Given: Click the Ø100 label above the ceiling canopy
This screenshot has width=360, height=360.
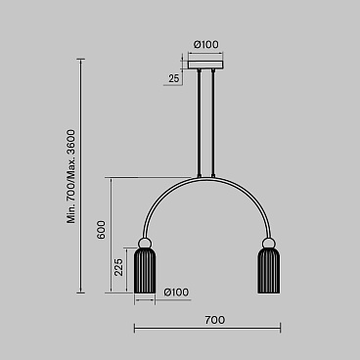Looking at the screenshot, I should click(x=205, y=44).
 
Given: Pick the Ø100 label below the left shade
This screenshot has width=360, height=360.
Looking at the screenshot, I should click(x=177, y=292).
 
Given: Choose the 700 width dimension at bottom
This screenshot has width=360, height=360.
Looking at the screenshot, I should click(x=215, y=320).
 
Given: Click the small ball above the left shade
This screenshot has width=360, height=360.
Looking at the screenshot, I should click(x=145, y=242).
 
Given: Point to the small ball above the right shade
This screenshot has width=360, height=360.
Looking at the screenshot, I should click(x=267, y=242).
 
